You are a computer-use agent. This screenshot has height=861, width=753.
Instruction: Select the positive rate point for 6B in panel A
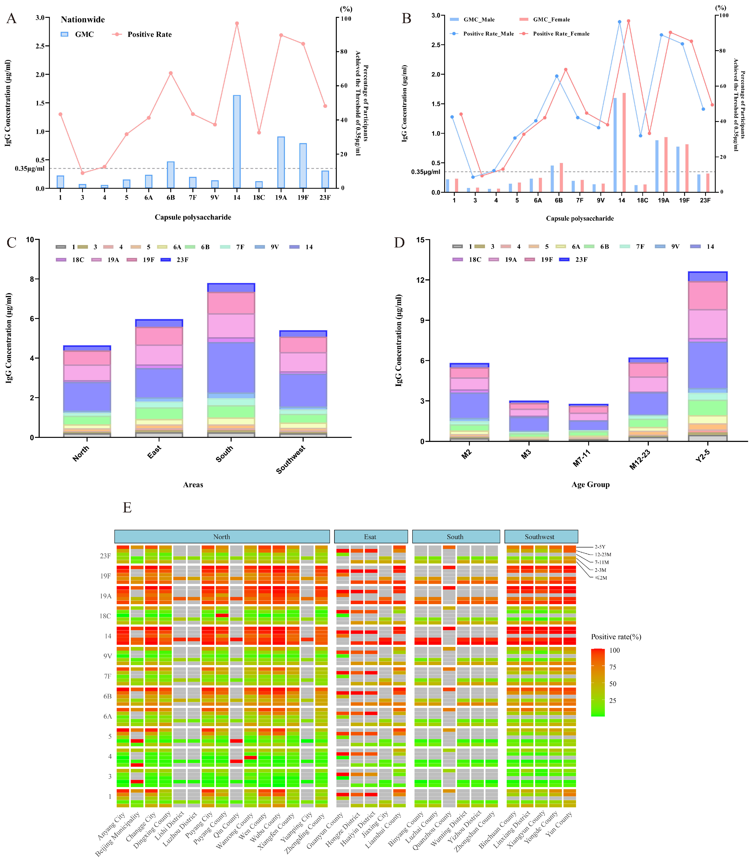tap(171, 73)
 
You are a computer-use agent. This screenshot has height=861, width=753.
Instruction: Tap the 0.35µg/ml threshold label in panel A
tap(29, 169)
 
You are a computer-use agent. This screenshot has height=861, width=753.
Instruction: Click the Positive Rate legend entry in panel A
tap(149, 34)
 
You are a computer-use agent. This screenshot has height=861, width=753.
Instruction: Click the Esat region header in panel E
tap(370, 537)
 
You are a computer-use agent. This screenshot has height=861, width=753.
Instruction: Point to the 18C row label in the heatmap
tap(105, 616)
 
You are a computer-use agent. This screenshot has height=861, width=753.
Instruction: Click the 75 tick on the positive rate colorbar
tap(613, 667)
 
